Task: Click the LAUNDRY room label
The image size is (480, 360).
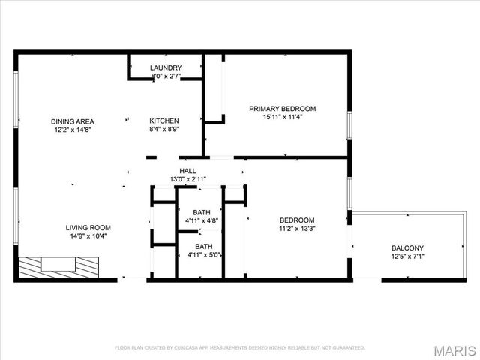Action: pyautogui.click(x=166, y=67)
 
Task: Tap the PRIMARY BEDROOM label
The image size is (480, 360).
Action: pyautogui.click(x=283, y=109)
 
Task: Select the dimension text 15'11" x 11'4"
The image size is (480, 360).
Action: pyautogui.click(x=283, y=118)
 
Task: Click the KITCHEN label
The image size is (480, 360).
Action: pyautogui.click(x=163, y=121)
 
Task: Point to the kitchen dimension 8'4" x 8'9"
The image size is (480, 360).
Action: pyautogui.click(x=163, y=130)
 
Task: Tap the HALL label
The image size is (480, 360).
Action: pyautogui.click(x=187, y=171)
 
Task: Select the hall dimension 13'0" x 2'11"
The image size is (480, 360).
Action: pyautogui.click(x=187, y=180)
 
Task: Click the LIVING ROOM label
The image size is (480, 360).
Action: pyautogui.click(x=88, y=228)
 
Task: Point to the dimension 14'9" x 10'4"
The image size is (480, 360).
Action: pyautogui.click(x=88, y=237)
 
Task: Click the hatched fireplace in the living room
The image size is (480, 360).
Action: pyautogui.click(x=58, y=267)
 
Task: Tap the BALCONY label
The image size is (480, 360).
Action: pyautogui.click(x=407, y=249)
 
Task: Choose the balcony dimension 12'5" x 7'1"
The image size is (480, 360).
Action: pyautogui.click(x=407, y=258)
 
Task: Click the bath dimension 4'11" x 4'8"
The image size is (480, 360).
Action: pyautogui.click(x=201, y=221)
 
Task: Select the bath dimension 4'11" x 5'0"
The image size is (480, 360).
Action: pyautogui.click(x=203, y=256)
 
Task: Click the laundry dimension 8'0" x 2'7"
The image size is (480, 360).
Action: pyautogui.click(x=166, y=76)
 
